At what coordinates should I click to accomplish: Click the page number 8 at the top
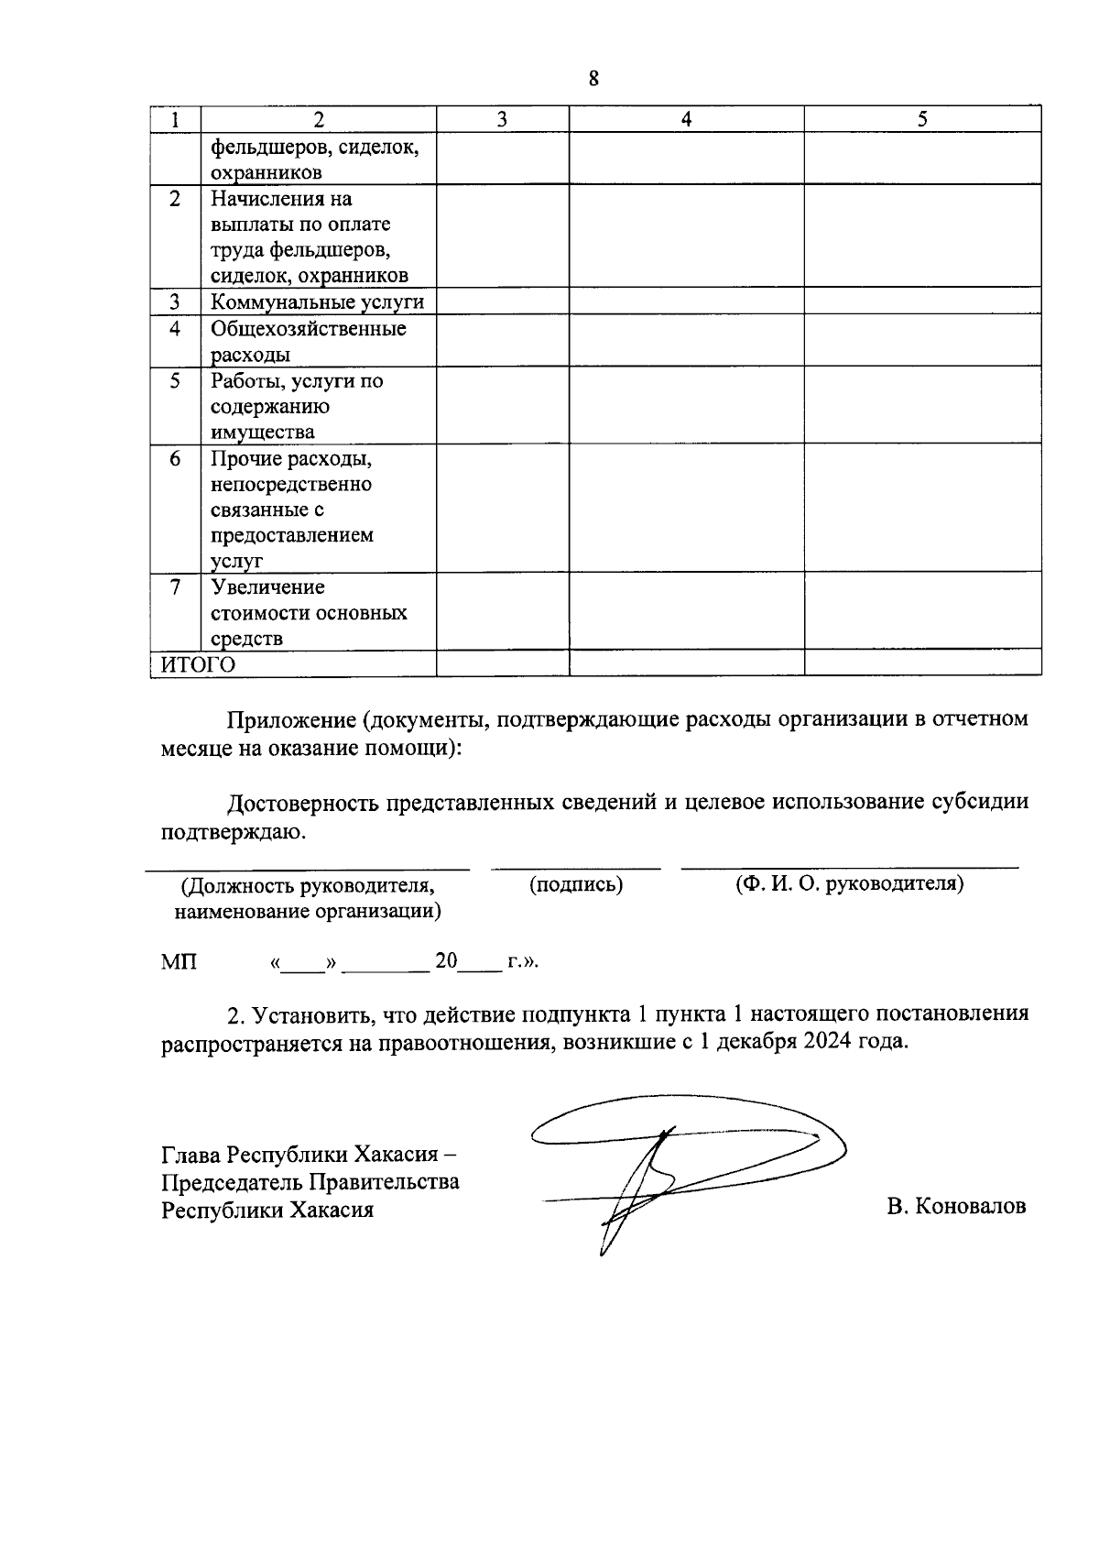(x=593, y=79)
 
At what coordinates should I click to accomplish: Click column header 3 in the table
(x=502, y=119)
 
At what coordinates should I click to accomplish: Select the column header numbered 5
(x=922, y=119)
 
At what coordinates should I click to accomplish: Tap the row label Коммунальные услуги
(x=317, y=302)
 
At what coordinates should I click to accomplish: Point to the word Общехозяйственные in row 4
(x=309, y=328)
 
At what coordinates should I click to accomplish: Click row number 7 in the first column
(x=175, y=587)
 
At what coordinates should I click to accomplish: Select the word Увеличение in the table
(x=267, y=587)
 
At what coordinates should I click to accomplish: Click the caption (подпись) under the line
(x=576, y=885)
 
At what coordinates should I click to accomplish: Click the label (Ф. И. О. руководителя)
(x=849, y=884)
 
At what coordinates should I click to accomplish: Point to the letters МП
(x=179, y=962)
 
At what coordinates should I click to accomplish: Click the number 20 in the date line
(x=446, y=961)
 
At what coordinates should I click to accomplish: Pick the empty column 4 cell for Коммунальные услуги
(x=686, y=301)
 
